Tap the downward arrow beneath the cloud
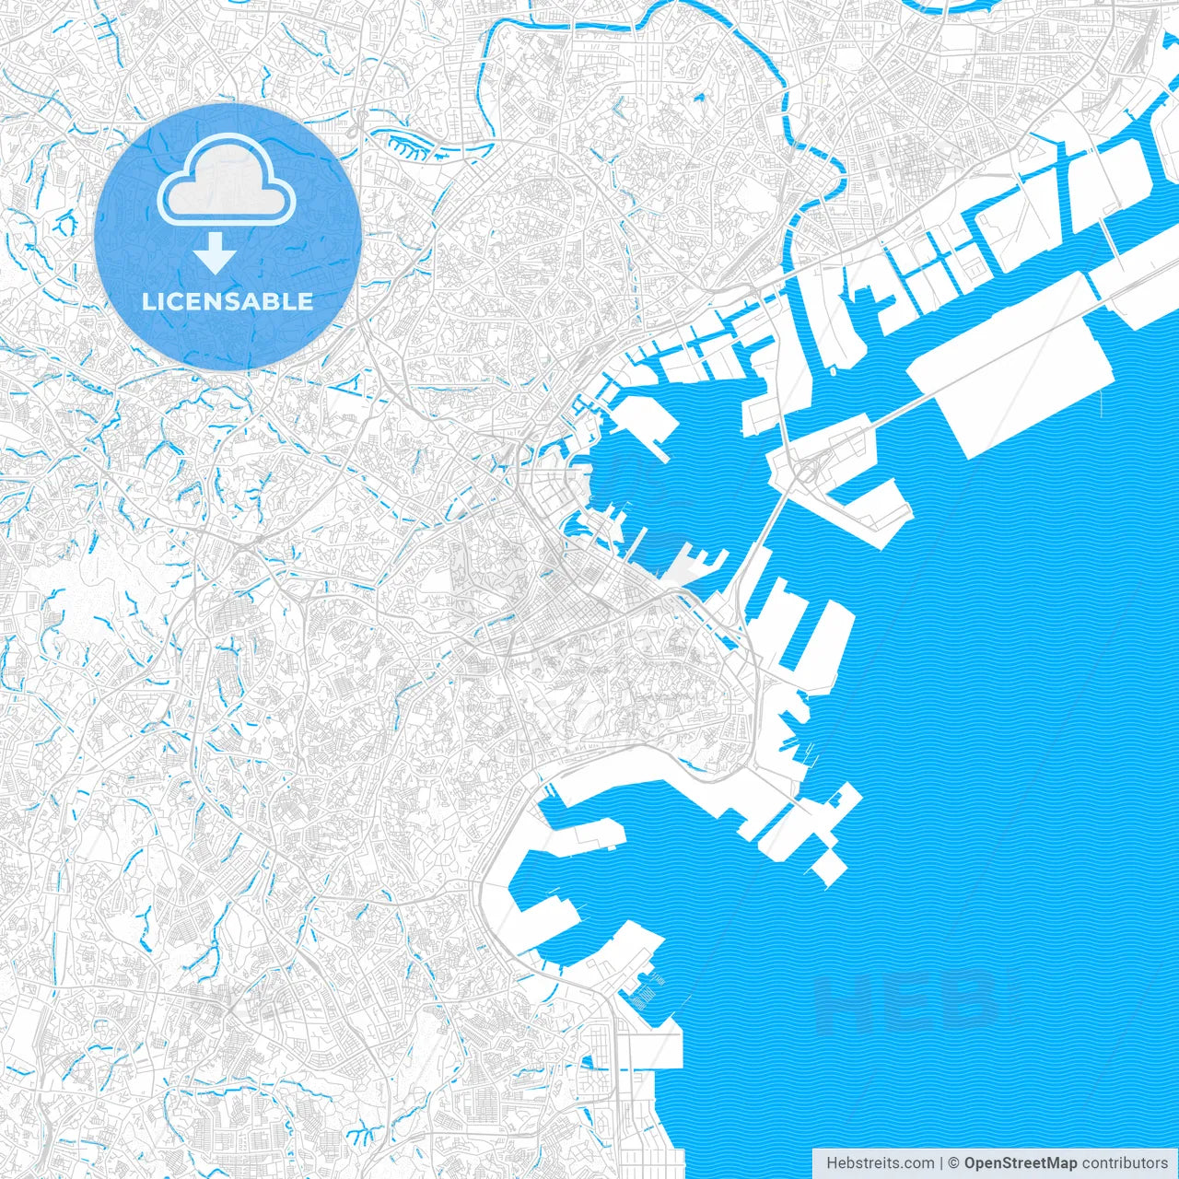(x=216, y=253)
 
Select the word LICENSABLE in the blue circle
(x=228, y=301)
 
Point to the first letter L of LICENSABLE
(x=147, y=301)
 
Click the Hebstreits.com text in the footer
(x=880, y=1163)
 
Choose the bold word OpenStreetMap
(x=1020, y=1163)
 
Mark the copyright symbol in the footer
(x=954, y=1163)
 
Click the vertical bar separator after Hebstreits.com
(x=941, y=1163)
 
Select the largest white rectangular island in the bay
(x=1013, y=364)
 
